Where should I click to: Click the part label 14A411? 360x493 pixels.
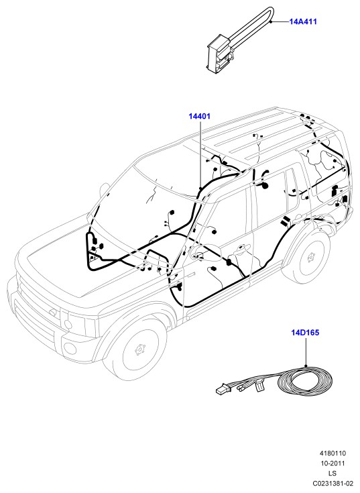tap(303, 21)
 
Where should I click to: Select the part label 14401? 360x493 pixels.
tap(200, 116)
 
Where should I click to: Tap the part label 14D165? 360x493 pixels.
tap(305, 332)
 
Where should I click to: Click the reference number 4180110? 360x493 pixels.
tap(333, 453)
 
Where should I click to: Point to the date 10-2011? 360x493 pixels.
tap(333, 463)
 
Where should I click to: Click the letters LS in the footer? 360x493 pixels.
tap(333, 473)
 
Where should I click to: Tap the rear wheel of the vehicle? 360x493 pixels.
tap(310, 258)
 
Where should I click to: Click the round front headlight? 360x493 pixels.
tap(67, 324)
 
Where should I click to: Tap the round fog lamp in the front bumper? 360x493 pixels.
tap(70, 348)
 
